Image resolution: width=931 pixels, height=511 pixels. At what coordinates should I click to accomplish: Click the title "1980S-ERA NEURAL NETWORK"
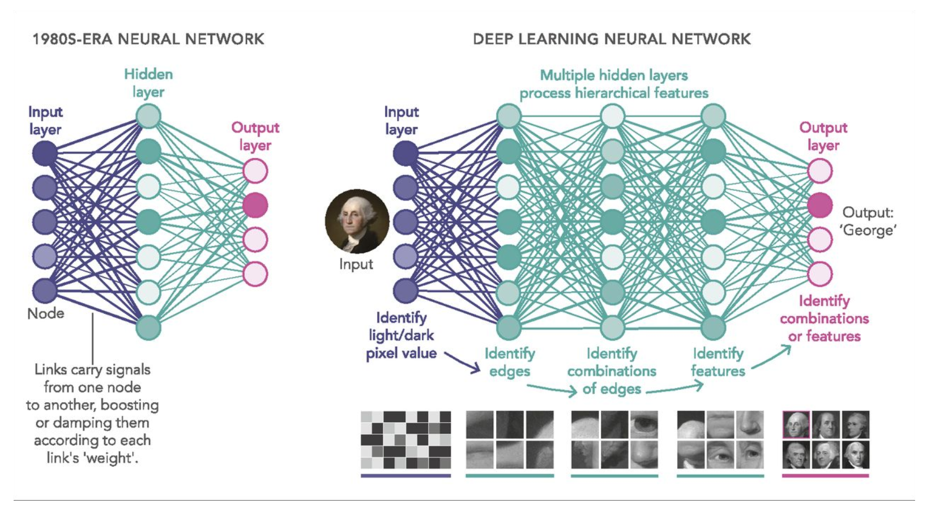pos(148,39)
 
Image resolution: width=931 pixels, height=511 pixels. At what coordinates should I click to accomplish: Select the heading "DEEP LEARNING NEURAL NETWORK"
pos(612,39)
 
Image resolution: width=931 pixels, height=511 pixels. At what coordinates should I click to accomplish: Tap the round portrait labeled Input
pos(357,221)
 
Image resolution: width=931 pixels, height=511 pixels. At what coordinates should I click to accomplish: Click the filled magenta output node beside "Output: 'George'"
pos(820,205)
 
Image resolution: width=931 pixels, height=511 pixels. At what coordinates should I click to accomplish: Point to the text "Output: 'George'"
pos(868,221)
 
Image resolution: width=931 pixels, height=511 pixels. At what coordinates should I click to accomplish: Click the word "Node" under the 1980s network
pos(46,313)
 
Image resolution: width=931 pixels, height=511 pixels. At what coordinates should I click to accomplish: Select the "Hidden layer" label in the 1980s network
pos(148,83)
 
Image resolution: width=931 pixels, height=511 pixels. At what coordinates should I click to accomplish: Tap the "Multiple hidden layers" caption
pos(614,75)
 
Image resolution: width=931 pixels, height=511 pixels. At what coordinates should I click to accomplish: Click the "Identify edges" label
pos(510,362)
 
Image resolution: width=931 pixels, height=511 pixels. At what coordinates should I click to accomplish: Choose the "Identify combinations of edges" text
pos(612,371)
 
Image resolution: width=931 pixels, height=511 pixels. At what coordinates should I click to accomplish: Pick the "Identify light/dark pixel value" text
pos(402,335)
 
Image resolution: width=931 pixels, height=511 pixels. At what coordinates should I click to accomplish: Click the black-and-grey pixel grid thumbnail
pos(405,440)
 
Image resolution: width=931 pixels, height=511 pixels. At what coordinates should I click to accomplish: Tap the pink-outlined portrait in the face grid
pos(796,425)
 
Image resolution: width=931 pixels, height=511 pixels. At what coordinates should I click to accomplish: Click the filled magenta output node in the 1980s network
pos(255,205)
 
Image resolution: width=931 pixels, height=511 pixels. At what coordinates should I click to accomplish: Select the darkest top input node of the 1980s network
pos(45,153)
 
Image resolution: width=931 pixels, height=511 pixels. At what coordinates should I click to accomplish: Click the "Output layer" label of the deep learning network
pos(823,136)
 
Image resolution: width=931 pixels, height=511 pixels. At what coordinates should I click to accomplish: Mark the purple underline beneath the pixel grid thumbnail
pos(405,476)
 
